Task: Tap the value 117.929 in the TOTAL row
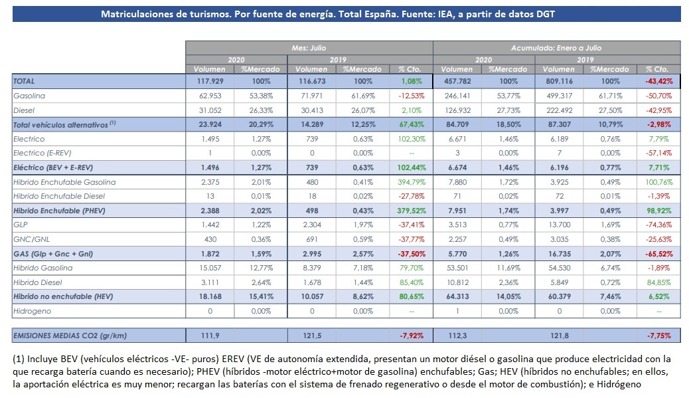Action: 210,81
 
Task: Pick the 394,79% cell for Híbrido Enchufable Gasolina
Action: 412,182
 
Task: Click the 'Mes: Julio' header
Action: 309,48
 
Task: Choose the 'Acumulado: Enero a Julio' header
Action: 556,48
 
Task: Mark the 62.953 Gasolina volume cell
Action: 210,96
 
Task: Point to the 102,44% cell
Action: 412,167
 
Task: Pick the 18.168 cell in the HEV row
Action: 210,296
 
